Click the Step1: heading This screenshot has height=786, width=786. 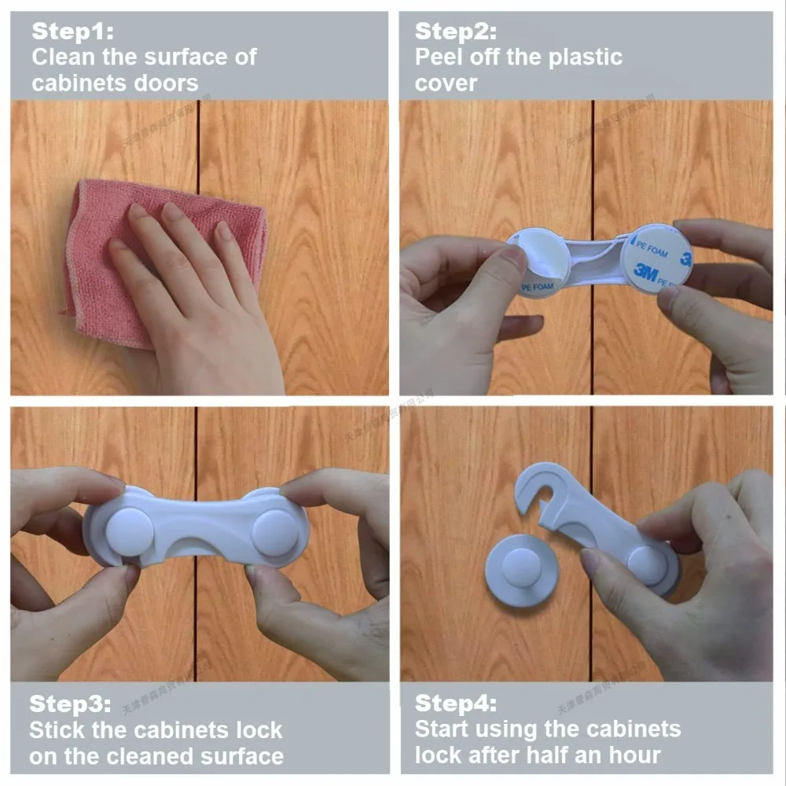click(72, 31)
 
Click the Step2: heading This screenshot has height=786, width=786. click(456, 31)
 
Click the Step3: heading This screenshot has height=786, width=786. click(71, 703)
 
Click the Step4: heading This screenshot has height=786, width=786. click(456, 703)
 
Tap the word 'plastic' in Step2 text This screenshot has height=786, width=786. click(582, 57)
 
